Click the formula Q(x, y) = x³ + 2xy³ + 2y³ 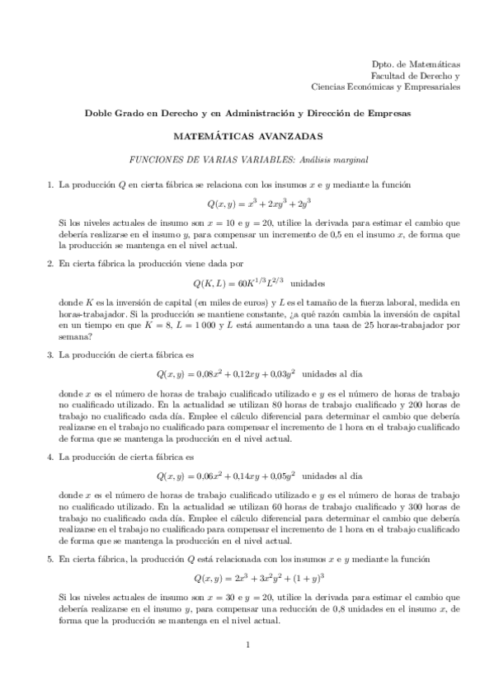(247, 204)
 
